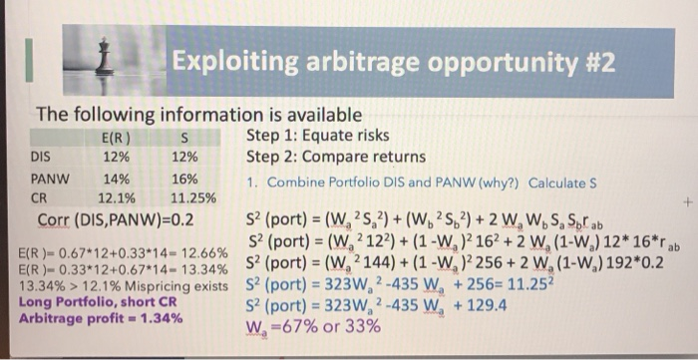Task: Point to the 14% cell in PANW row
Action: point(117,180)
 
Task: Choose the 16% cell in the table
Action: point(184,180)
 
